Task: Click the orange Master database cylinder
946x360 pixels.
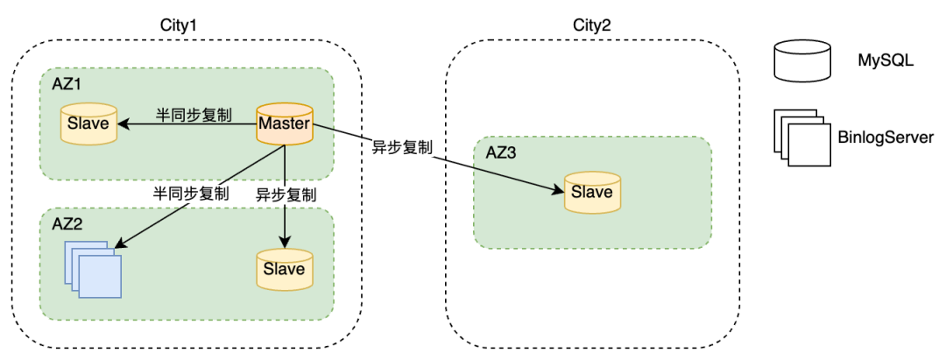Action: pyautogui.click(x=284, y=125)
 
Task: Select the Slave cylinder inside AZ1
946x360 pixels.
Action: pyautogui.click(x=88, y=124)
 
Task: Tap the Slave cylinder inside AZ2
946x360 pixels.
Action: pyautogui.click(x=284, y=269)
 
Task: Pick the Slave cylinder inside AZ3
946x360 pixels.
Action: pyautogui.click(x=591, y=193)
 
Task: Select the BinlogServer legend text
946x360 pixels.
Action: pyautogui.click(x=886, y=137)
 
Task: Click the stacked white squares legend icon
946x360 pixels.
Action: pyautogui.click(x=800, y=138)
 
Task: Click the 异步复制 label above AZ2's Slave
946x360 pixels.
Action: pyautogui.click(x=286, y=193)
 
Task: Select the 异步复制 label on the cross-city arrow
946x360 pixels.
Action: pyautogui.click(x=402, y=147)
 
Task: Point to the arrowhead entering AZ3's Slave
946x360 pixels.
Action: pyautogui.click(x=558, y=189)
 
